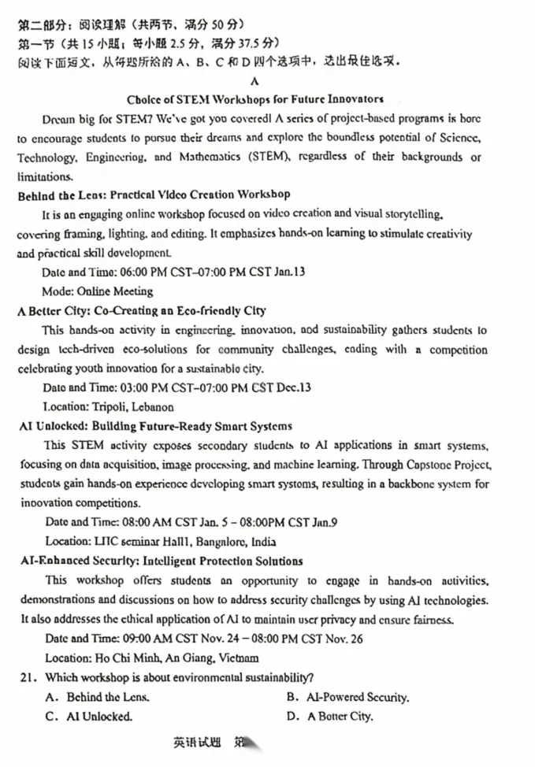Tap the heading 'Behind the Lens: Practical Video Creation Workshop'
click(154, 195)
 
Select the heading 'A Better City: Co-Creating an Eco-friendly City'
click(142, 310)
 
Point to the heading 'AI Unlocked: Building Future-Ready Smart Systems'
click(154, 427)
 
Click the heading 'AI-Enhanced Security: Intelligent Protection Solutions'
click(160, 561)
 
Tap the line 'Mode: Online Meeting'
click(98, 291)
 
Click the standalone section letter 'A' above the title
click(254, 80)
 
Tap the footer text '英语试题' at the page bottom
click(198, 743)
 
